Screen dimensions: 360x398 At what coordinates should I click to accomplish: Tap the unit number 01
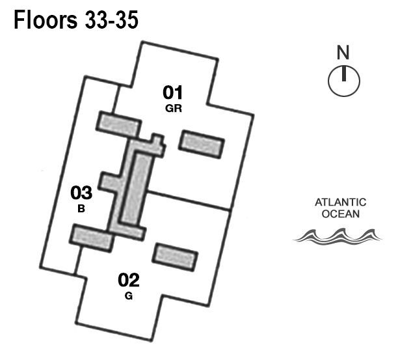(173, 93)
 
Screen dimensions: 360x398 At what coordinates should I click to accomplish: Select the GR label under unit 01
(173, 109)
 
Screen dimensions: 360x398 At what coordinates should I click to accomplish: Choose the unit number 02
(129, 281)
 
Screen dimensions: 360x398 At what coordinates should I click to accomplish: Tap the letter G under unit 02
(129, 296)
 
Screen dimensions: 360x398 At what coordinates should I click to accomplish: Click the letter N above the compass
(343, 51)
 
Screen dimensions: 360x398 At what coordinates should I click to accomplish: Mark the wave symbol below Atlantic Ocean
(336, 235)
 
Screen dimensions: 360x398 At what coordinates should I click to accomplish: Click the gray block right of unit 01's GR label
(202, 143)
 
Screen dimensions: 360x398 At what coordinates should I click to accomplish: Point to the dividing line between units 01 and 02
(189, 201)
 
